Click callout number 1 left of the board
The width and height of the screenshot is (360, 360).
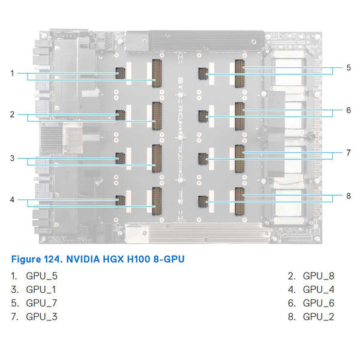(x=12, y=73)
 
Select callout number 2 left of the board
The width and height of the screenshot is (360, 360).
(x=12, y=114)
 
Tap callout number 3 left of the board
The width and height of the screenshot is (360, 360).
(x=12, y=158)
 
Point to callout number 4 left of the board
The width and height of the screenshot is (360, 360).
(x=12, y=199)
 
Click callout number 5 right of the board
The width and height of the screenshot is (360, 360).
(x=348, y=68)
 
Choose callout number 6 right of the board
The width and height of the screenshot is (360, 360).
(x=348, y=110)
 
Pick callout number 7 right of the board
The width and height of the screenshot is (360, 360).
(x=348, y=153)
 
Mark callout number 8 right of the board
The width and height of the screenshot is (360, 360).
(x=348, y=196)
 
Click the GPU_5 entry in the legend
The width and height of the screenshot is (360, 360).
(x=42, y=277)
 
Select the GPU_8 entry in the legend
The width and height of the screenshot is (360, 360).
(x=319, y=277)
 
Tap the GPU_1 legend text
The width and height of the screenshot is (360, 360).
(x=41, y=290)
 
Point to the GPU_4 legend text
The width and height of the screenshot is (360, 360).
(x=319, y=290)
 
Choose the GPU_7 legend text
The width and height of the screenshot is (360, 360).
(x=42, y=303)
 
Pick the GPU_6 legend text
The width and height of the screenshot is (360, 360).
(x=319, y=303)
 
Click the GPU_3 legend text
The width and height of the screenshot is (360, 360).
(x=42, y=316)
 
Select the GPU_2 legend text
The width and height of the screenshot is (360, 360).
(x=319, y=316)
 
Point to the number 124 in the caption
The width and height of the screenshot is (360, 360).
(x=52, y=259)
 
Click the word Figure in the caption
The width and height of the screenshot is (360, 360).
(x=25, y=259)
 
